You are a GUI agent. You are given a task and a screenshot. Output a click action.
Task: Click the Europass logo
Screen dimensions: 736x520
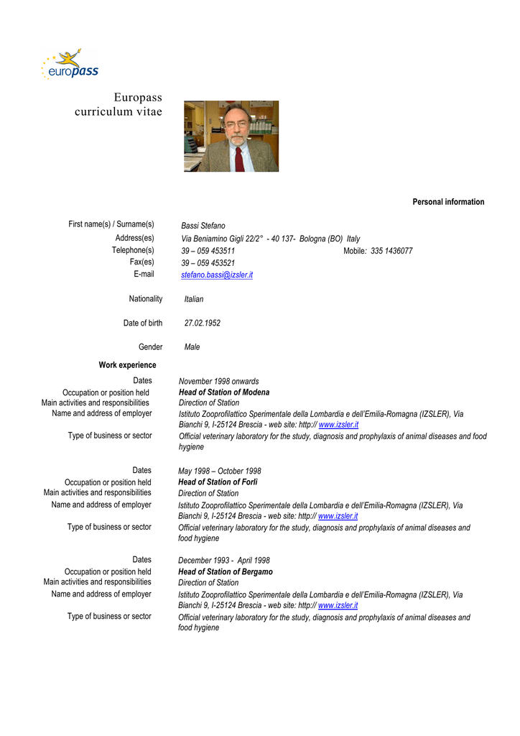click(70, 65)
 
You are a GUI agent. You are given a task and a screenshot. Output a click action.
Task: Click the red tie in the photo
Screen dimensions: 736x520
click(238, 158)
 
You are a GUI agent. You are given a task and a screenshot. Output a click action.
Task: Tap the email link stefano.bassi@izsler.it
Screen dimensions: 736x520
click(217, 275)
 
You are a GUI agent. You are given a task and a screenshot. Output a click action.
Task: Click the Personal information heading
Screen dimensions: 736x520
click(448, 202)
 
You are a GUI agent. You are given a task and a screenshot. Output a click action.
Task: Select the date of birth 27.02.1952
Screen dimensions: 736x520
click(203, 323)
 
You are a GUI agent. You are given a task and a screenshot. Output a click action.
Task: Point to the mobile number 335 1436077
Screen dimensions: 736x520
click(391, 251)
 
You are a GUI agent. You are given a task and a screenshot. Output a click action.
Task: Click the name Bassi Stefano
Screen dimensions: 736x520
click(203, 226)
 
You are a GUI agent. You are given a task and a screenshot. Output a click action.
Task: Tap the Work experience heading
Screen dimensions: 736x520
click(127, 365)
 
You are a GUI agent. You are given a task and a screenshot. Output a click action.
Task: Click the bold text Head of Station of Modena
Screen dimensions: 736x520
click(224, 392)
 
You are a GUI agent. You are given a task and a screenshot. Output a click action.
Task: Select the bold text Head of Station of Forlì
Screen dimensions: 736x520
click(218, 482)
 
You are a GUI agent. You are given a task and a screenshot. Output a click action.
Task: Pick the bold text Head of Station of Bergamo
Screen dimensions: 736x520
click(226, 572)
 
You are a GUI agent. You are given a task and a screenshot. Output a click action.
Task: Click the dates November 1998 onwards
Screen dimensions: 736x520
click(219, 381)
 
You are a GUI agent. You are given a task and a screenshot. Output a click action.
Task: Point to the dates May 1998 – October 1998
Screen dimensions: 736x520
click(220, 471)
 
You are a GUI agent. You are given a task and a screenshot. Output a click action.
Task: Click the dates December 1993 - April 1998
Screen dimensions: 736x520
click(224, 561)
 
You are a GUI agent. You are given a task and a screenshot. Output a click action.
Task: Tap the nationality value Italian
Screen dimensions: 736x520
click(194, 299)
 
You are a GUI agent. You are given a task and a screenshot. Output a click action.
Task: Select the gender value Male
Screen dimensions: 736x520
click(192, 347)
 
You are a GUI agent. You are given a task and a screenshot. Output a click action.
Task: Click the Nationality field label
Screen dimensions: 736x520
click(146, 299)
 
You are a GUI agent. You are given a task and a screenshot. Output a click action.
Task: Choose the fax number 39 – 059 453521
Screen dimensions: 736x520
click(208, 263)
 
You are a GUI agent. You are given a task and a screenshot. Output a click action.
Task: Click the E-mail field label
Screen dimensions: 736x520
click(144, 274)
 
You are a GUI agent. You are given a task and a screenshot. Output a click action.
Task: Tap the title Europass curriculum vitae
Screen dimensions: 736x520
click(119, 105)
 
